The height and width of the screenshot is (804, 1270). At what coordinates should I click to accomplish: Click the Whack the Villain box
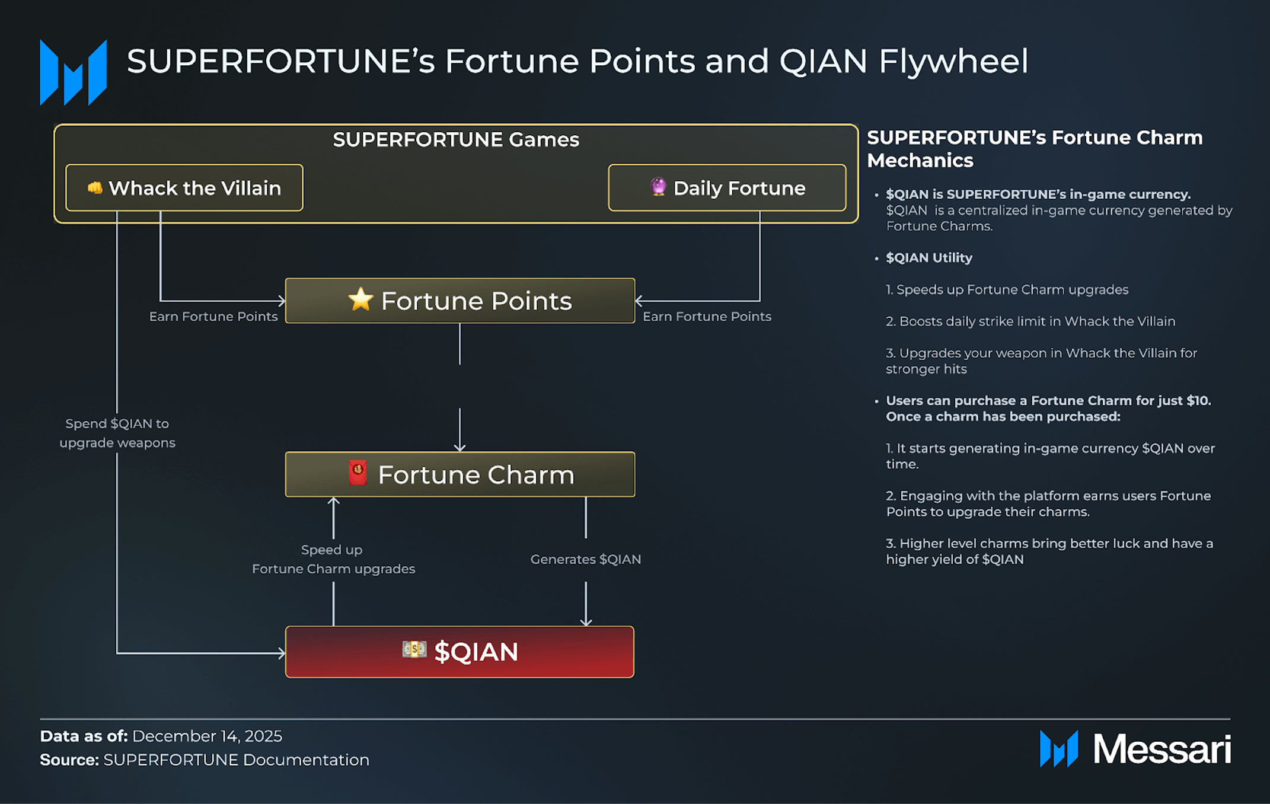pyautogui.click(x=184, y=188)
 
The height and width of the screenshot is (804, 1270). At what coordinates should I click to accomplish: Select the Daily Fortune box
pyautogui.click(x=727, y=188)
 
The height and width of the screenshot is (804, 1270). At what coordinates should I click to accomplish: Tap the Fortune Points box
pyautogui.click(x=460, y=301)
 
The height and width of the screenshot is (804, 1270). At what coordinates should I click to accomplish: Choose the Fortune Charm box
pyautogui.click(x=460, y=474)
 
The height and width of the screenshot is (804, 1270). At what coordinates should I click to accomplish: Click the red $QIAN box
pyautogui.click(x=460, y=652)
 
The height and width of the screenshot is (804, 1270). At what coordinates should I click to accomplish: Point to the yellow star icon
pyautogui.click(x=360, y=299)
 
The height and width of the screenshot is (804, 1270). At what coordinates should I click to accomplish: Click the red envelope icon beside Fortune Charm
pyautogui.click(x=358, y=473)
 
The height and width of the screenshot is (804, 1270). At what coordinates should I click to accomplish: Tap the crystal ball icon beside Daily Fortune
pyautogui.click(x=658, y=187)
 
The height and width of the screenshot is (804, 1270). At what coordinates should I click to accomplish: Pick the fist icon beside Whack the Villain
pyautogui.click(x=95, y=188)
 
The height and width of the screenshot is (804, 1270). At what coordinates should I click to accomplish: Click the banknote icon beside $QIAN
pyautogui.click(x=414, y=650)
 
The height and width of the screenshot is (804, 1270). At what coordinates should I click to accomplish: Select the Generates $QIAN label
pyautogui.click(x=586, y=559)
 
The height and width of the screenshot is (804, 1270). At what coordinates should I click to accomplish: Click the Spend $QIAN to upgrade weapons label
pyautogui.click(x=117, y=433)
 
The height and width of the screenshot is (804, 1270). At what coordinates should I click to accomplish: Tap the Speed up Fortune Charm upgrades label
pyautogui.click(x=333, y=559)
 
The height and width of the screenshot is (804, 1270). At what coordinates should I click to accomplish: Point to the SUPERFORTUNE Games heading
pyautogui.click(x=455, y=140)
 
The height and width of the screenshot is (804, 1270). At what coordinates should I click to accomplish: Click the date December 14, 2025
pyautogui.click(x=207, y=736)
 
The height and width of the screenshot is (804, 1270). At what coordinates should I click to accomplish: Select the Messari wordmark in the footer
pyautogui.click(x=1161, y=749)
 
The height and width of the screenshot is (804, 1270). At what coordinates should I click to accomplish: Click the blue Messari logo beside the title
pyautogui.click(x=74, y=72)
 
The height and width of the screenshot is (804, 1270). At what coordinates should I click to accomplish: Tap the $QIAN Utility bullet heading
pyautogui.click(x=929, y=258)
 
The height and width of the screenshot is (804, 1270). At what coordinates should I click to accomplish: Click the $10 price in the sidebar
pyautogui.click(x=1198, y=401)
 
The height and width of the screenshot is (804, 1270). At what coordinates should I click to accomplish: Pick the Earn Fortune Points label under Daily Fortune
pyautogui.click(x=707, y=317)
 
